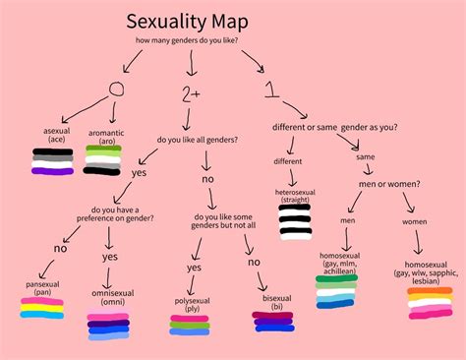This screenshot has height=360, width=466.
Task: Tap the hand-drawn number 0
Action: pyautogui.click(x=117, y=90)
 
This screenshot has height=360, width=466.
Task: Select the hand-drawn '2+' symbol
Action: pyautogui.click(x=192, y=96)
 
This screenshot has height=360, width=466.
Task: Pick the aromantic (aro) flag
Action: pyautogui.click(x=102, y=160)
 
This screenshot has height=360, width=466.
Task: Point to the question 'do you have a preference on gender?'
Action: pyautogui.click(x=117, y=212)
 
